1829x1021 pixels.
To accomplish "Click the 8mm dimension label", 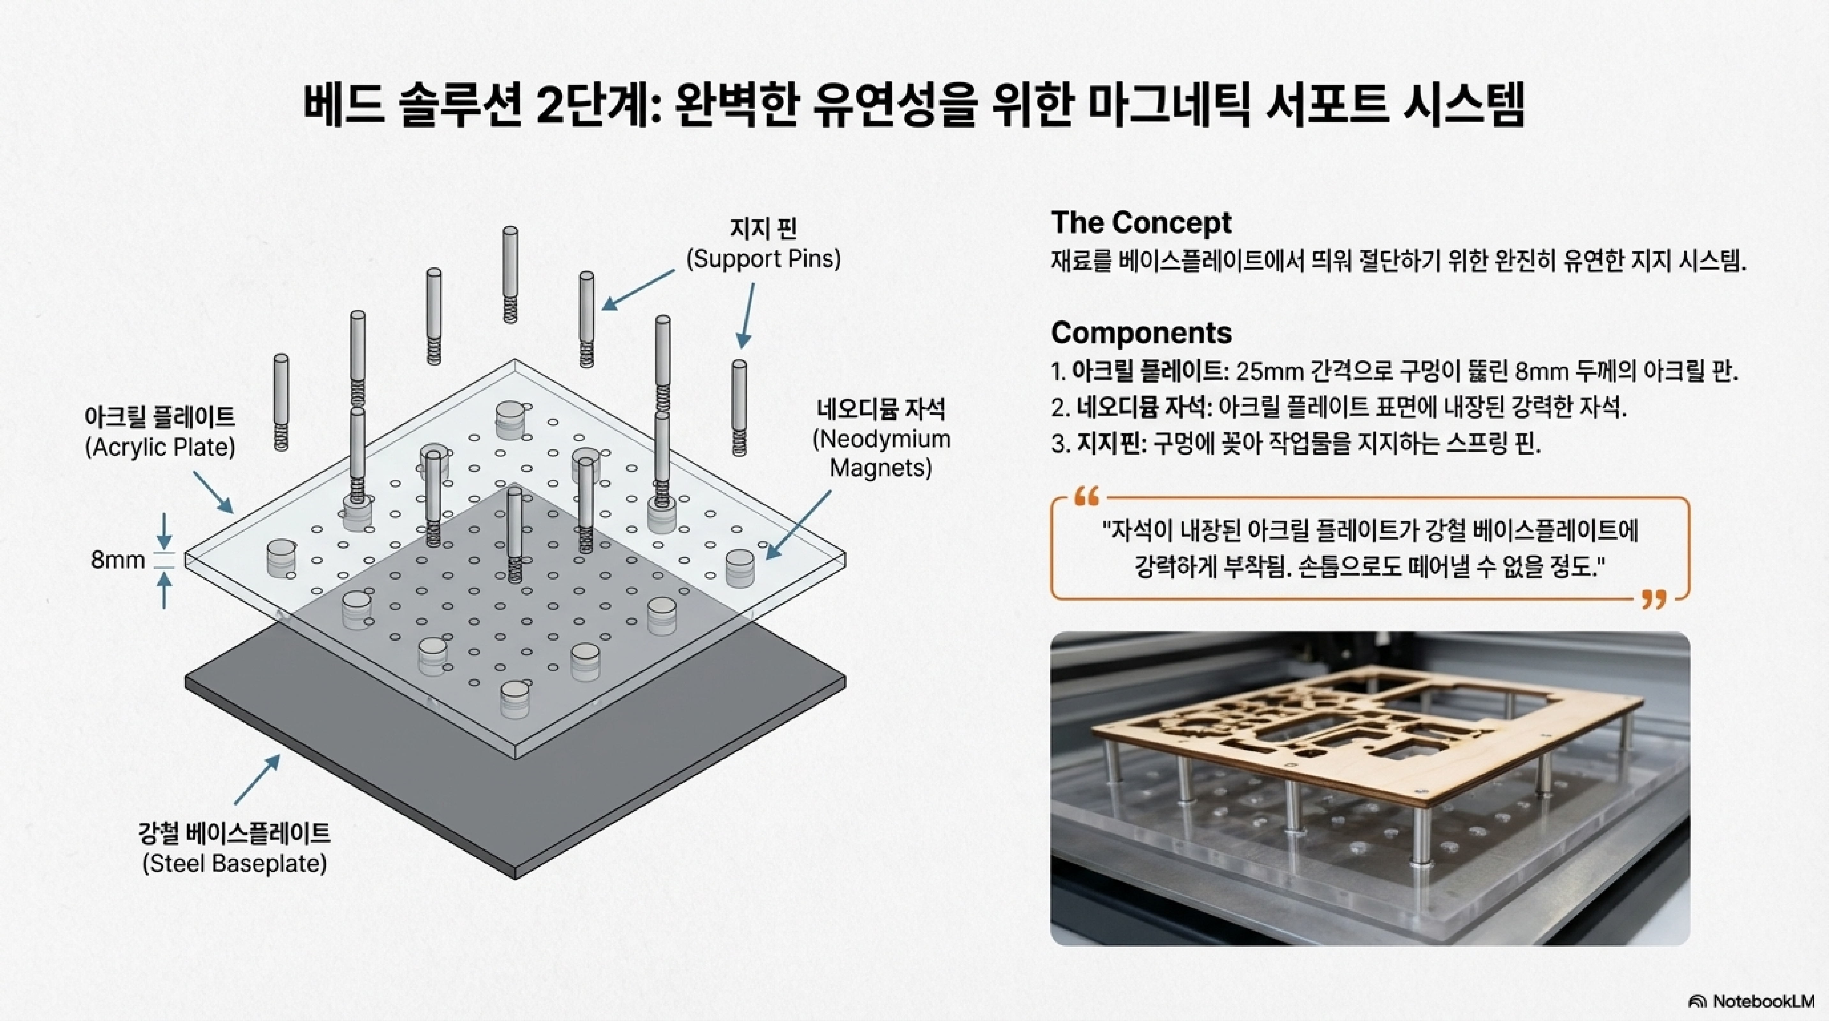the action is (x=118, y=560).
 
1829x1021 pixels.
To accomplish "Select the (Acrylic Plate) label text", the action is (x=160, y=447).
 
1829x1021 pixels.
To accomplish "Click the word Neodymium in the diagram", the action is (x=881, y=439).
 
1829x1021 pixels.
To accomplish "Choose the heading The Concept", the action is (x=1141, y=222).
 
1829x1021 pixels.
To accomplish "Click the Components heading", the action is (x=1141, y=332).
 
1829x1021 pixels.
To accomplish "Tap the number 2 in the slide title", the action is (x=549, y=107).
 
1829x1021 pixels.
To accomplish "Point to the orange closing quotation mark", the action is (x=1654, y=600).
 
